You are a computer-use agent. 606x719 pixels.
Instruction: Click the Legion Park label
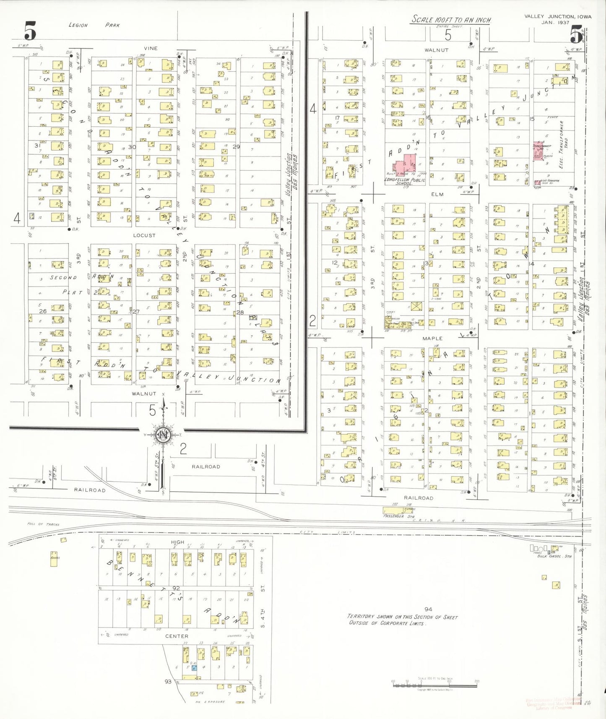click(94, 25)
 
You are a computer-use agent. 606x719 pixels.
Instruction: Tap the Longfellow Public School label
click(404, 181)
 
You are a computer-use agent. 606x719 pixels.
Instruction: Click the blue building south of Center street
click(194, 667)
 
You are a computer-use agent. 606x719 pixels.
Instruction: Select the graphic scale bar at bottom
click(435, 685)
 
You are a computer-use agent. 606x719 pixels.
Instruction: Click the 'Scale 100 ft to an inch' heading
click(451, 20)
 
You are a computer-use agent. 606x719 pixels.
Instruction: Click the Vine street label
click(151, 48)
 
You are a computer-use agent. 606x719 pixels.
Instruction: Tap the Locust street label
click(144, 235)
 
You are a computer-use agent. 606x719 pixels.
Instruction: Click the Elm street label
click(437, 194)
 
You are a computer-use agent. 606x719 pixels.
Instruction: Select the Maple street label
click(432, 338)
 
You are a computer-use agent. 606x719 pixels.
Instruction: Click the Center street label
click(177, 636)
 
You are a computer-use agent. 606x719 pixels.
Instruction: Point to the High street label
click(177, 542)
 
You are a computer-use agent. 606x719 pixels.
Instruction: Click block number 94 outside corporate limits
click(428, 609)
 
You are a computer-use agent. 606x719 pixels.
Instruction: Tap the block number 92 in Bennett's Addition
click(176, 589)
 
